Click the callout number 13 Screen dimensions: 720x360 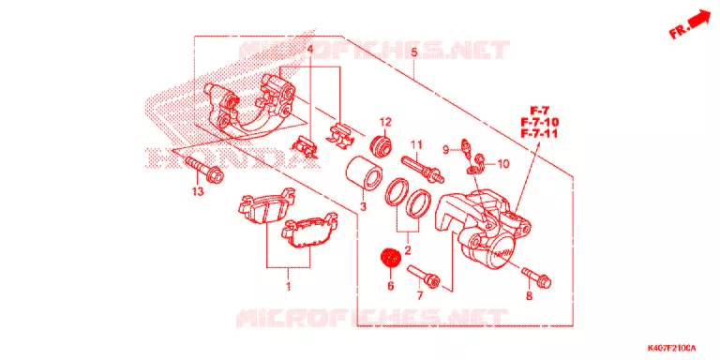(198, 192)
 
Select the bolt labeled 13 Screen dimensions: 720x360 (203, 170)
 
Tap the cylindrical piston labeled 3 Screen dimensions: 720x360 (363, 172)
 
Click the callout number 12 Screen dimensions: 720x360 (384, 123)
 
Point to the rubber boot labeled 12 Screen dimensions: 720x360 (381, 143)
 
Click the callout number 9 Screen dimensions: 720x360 (445, 149)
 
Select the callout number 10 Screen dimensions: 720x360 (503, 164)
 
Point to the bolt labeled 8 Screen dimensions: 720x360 (536, 276)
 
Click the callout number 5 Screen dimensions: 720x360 (414, 53)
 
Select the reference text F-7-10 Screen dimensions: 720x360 (540, 123)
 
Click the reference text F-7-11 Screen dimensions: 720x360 (540, 134)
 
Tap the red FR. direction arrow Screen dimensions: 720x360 (690, 25)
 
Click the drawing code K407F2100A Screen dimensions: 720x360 (672, 349)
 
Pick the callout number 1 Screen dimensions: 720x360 (289, 288)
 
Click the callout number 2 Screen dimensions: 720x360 (407, 250)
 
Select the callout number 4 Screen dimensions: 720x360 (309, 49)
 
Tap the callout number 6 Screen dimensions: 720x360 (391, 287)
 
